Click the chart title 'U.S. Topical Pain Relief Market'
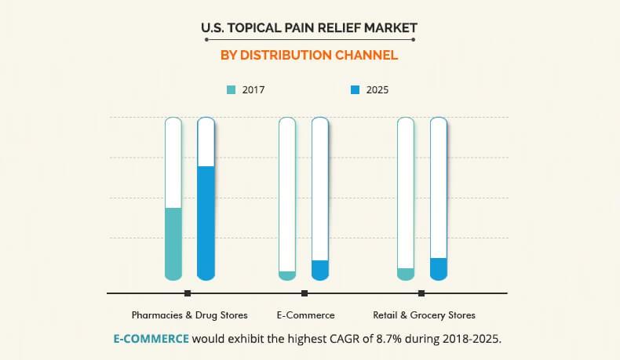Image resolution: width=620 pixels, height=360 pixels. click(309, 29)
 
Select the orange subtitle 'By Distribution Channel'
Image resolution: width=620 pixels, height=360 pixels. click(309, 56)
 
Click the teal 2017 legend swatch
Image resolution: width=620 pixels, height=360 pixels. click(231, 90)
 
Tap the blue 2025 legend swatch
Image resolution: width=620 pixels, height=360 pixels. click(355, 90)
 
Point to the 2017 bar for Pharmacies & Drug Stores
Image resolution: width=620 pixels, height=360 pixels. click(173, 243)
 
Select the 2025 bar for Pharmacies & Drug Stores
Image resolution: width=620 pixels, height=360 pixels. click(206, 223)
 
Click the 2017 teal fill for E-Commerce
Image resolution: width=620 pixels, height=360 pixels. click(287, 275)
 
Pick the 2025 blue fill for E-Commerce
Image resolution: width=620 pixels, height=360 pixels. click(319, 270)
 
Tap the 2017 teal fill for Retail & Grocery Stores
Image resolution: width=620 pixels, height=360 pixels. click(406, 274)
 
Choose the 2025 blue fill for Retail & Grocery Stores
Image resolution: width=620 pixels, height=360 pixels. click(438, 268)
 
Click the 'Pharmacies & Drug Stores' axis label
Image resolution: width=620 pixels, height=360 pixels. click(189, 315)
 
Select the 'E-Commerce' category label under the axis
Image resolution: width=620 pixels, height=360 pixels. click(305, 315)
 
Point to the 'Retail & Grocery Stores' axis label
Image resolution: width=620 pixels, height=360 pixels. click(424, 315)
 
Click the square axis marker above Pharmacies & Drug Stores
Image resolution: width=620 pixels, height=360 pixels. click(188, 293)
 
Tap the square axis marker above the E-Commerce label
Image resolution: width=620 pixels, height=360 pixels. click(305, 293)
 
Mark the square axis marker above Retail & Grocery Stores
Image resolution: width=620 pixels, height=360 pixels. click(421, 293)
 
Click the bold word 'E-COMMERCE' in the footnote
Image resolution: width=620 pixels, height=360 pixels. click(151, 339)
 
